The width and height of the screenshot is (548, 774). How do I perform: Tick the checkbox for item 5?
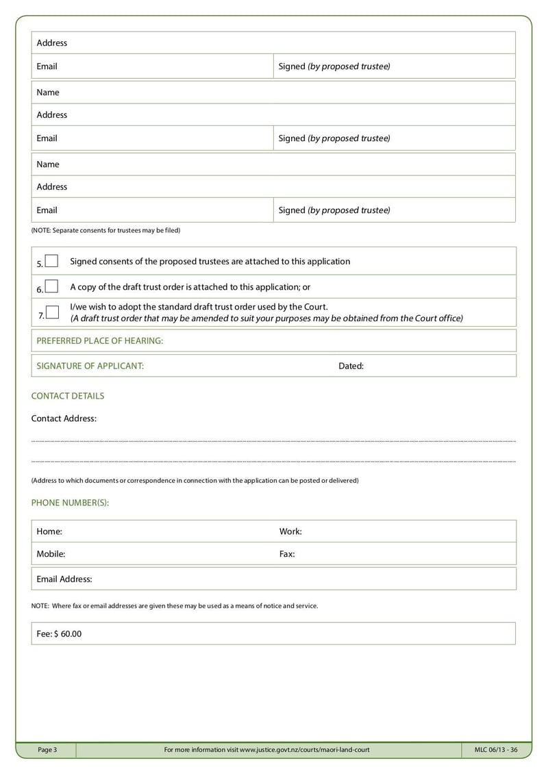51,261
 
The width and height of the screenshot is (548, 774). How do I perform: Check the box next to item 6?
51,286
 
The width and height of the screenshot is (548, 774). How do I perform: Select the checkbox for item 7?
51,312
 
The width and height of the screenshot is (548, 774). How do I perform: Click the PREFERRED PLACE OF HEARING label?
99,340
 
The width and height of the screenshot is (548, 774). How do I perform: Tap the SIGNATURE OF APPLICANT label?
90,366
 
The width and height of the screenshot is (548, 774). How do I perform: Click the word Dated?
351,366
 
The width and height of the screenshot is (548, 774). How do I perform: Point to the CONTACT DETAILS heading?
68,396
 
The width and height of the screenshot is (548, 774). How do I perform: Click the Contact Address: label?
64,419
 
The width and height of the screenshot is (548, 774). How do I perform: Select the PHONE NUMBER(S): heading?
70,503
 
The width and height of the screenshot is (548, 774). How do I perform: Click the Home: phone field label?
49,532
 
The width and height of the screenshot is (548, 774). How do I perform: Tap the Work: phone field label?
290,532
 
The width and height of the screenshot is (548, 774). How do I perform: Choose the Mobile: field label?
51,554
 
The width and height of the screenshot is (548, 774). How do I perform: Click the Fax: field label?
287,554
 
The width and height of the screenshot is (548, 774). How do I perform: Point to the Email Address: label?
64,579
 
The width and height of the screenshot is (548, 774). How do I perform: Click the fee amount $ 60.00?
67,634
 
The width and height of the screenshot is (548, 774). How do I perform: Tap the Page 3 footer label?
47,750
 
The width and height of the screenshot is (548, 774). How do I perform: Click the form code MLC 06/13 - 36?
496,750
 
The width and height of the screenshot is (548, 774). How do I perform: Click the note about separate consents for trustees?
105,230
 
